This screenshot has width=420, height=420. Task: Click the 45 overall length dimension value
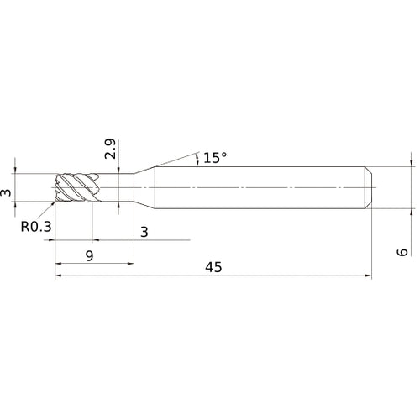213,267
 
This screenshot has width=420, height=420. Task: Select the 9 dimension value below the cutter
89,255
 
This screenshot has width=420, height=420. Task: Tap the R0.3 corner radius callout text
35,225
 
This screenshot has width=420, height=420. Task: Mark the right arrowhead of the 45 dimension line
366,275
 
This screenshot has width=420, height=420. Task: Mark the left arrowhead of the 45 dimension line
60,275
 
